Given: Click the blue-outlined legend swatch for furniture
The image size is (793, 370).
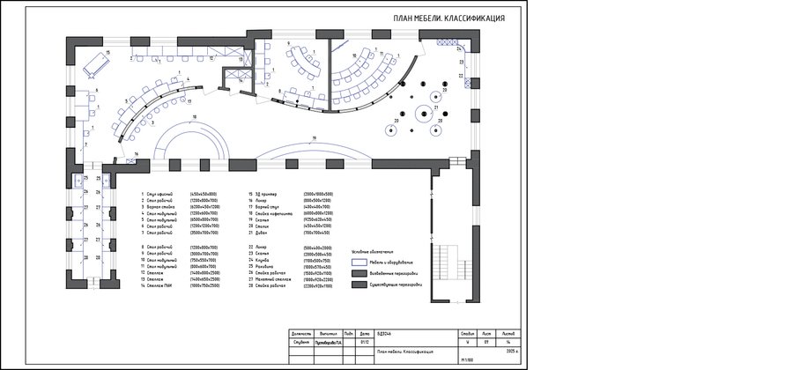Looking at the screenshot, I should [x=359, y=262].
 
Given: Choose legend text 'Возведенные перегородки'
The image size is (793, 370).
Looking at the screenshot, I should [x=393, y=273].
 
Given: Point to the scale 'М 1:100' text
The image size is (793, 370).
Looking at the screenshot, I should [x=466, y=360].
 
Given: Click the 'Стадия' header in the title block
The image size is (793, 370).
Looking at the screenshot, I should [x=467, y=335].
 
